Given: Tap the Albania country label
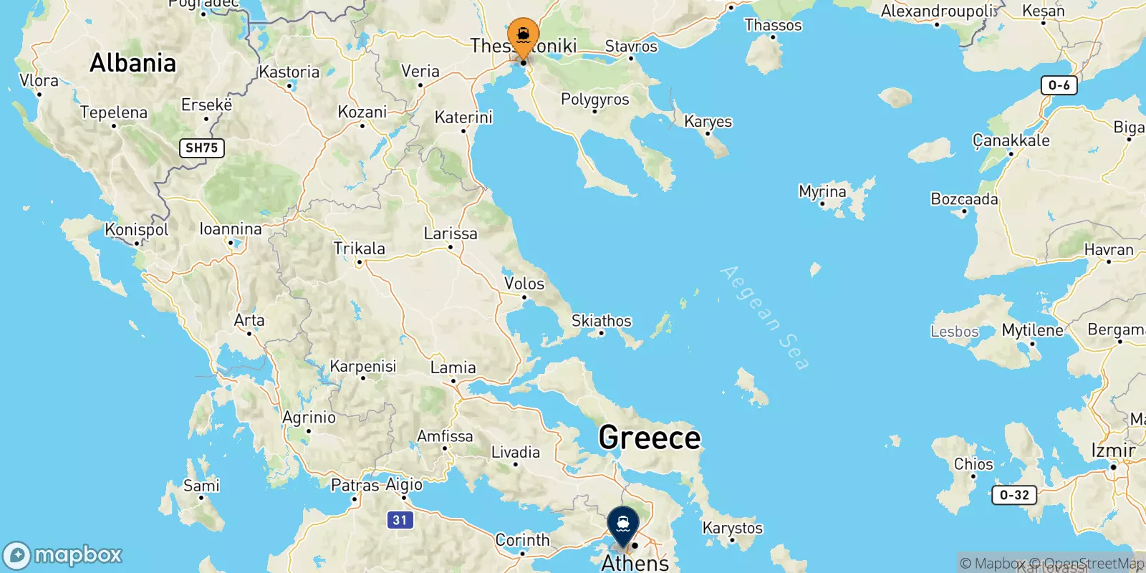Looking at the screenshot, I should click(x=133, y=63).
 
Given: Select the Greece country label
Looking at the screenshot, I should click(x=649, y=438).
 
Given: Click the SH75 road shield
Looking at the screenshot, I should click(x=201, y=148).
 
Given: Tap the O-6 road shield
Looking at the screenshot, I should click(x=1059, y=86).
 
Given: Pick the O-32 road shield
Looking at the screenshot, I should click(x=1014, y=495).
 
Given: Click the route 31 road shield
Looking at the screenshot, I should click(x=400, y=521).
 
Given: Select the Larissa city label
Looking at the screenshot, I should click(x=451, y=233).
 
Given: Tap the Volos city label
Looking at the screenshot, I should click(x=524, y=284).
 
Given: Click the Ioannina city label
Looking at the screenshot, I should click(x=231, y=229).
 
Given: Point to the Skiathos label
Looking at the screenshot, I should click(x=602, y=321).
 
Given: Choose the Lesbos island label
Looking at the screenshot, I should click(x=954, y=332).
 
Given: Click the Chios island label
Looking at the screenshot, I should click(x=973, y=464).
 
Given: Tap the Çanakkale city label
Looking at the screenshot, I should click(x=1011, y=140).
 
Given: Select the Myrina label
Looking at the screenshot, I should click(x=822, y=192).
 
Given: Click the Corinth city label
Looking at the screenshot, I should click(x=522, y=540).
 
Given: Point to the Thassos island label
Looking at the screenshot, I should click(x=773, y=26).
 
